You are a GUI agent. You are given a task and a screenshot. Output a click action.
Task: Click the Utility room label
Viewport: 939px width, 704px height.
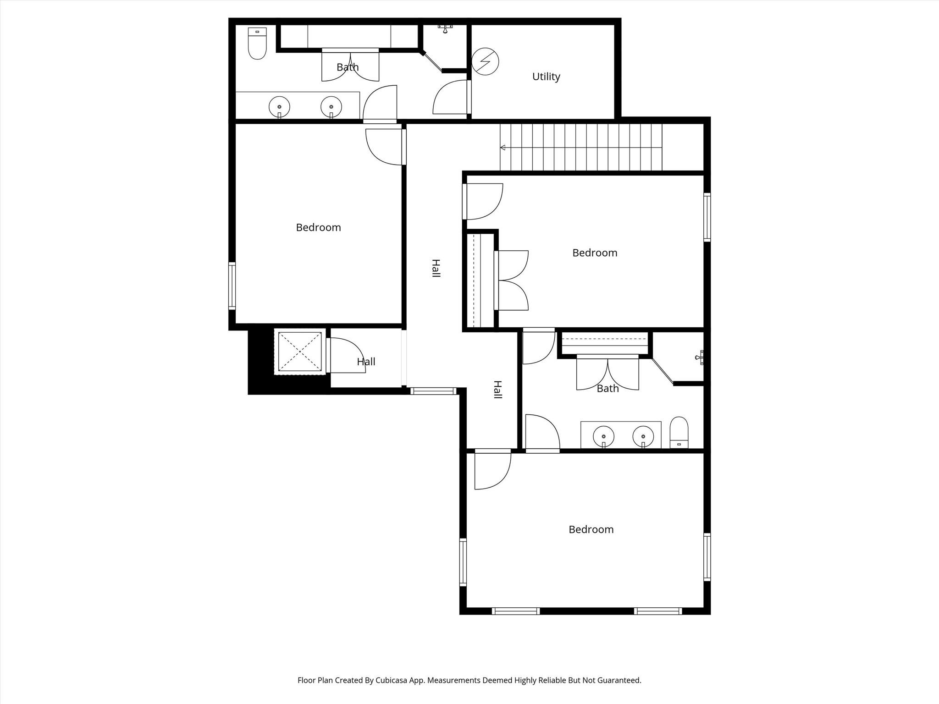546,77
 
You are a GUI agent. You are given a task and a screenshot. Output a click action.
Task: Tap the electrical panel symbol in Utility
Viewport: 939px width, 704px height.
485,61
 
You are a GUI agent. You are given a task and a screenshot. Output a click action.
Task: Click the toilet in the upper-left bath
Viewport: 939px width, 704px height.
257,44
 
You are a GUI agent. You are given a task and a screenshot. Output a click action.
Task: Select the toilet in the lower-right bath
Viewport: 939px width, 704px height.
679,432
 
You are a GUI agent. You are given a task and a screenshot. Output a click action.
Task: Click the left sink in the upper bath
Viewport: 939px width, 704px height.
279,107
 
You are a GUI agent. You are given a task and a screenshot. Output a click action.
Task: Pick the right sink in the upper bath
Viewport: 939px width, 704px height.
331,107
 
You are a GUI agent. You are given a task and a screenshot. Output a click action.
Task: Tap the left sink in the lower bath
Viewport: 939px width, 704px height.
604,437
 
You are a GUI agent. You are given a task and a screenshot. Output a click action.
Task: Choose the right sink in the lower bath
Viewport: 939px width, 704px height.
643,437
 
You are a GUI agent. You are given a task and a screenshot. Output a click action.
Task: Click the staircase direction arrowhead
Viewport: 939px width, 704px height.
503,148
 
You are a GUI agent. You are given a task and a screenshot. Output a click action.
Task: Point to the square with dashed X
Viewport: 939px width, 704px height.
300,352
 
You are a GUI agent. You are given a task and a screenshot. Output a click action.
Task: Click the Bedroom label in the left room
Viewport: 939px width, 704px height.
318,227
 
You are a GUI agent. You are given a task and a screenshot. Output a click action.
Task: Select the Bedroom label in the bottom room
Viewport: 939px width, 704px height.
591,529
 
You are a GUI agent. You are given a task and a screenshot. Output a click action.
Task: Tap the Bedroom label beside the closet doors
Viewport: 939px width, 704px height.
595,253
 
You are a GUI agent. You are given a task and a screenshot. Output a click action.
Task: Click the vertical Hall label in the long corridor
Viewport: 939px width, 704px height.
436,268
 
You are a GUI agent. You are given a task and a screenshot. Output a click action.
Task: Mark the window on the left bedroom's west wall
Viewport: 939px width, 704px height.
232,286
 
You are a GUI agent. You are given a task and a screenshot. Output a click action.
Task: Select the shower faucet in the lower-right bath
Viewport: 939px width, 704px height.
700,357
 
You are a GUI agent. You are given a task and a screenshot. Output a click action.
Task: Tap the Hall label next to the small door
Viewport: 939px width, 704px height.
366,362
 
